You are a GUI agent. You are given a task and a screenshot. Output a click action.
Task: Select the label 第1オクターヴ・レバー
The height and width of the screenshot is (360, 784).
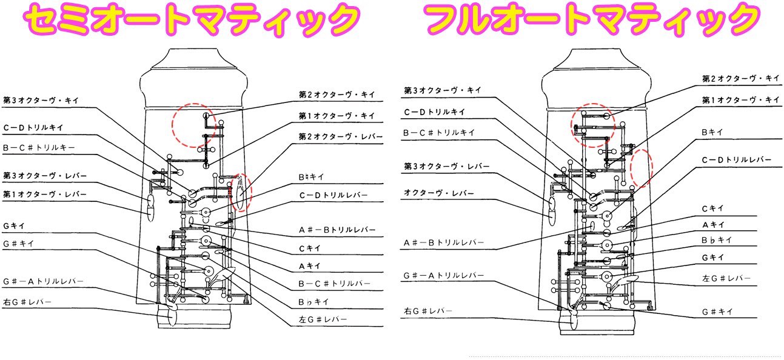(x=45, y=195)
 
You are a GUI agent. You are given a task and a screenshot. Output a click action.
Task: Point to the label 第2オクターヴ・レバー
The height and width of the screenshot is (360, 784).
(x=341, y=136)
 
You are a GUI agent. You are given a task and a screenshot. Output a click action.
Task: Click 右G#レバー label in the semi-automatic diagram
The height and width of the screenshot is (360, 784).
(x=27, y=302)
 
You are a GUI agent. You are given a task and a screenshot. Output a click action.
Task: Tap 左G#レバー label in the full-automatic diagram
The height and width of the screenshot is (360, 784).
(x=726, y=278)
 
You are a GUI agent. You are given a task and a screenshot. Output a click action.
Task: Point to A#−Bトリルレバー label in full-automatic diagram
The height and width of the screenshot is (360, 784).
(x=444, y=242)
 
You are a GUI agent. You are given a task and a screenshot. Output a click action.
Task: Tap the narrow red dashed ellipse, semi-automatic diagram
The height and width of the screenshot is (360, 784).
(x=241, y=192)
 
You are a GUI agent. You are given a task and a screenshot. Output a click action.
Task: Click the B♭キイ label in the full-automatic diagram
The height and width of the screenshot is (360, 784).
(x=716, y=240)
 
